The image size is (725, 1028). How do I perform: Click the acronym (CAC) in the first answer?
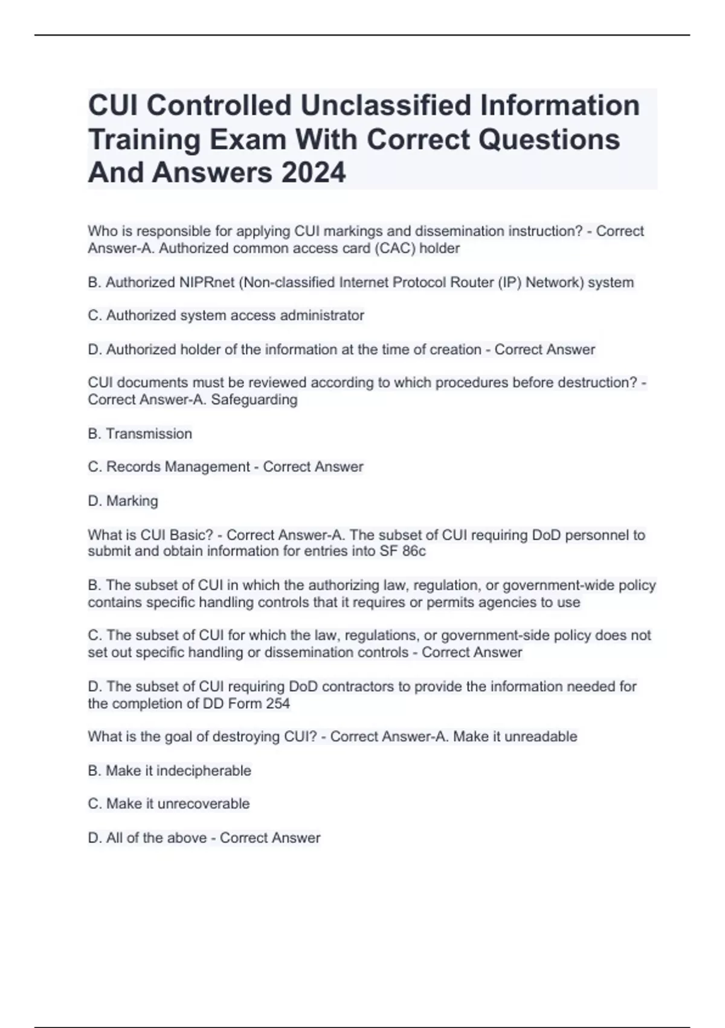coord(395,248)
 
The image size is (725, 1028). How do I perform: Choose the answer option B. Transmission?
coord(140,434)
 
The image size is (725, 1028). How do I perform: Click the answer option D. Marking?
coord(123,501)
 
